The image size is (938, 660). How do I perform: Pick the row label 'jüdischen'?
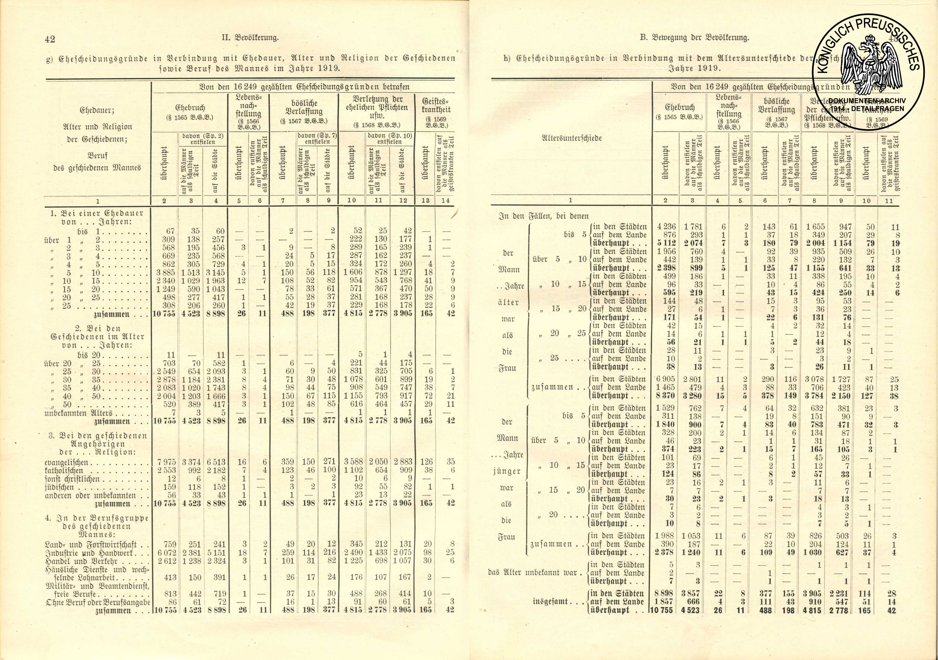pyautogui.click(x=59, y=487)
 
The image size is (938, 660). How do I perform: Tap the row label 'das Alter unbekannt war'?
pyautogui.click(x=533, y=573)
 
